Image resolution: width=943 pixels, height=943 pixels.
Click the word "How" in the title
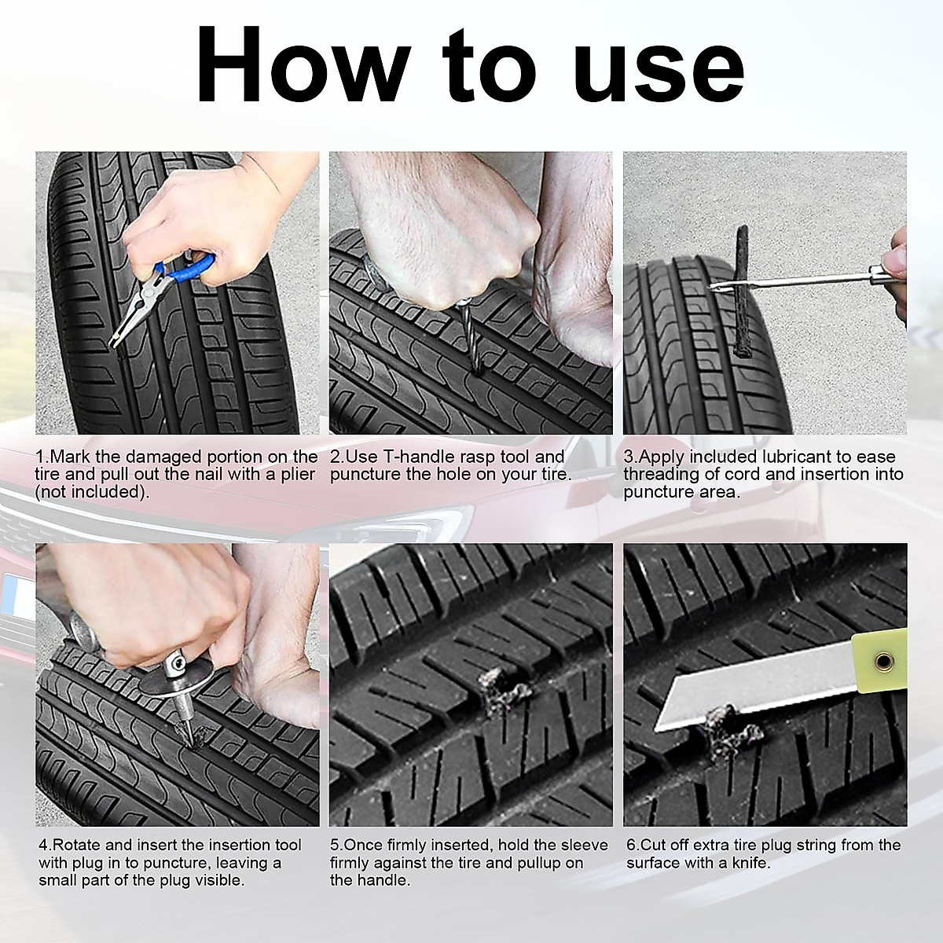(x=303, y=63)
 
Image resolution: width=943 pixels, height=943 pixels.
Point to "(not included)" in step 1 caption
(x=92, y=492)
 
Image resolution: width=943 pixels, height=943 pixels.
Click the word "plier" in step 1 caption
(x=296, y=475)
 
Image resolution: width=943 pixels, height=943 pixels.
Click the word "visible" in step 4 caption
(x=218, y=880)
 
